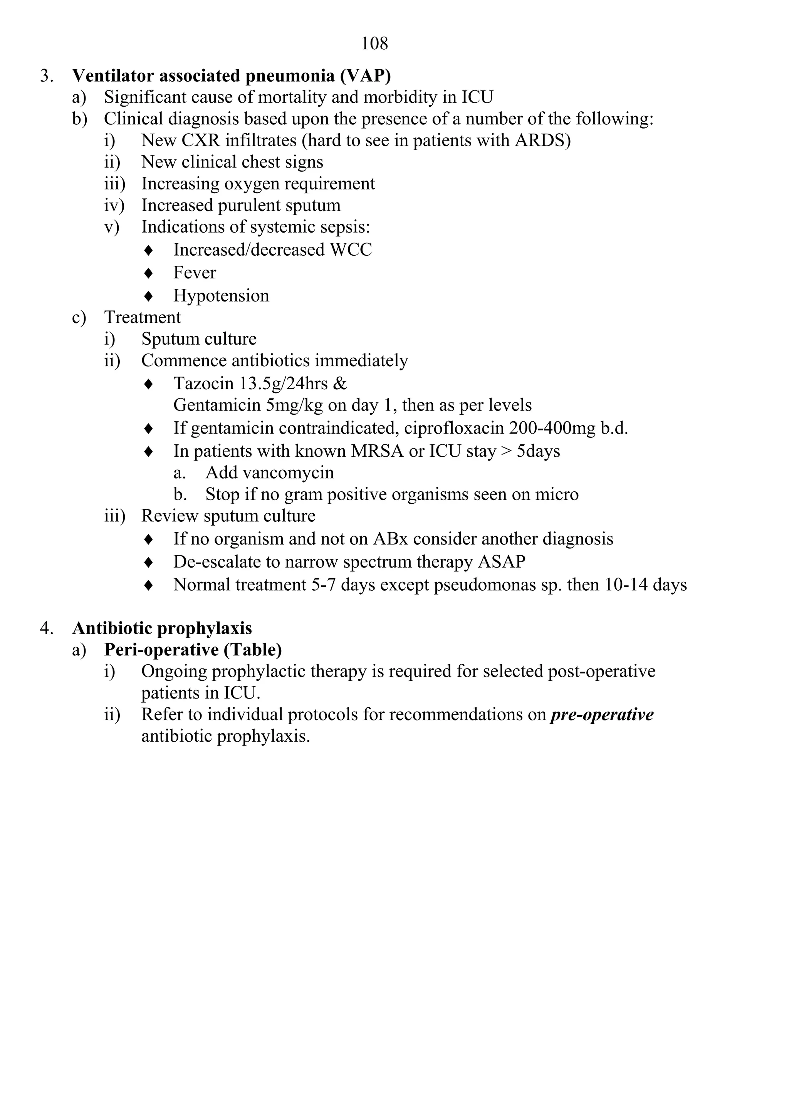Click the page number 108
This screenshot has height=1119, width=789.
[x=374, y=44]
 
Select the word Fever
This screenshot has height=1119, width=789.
[x=195, y=273]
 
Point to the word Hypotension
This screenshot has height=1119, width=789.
[x=221, y=295]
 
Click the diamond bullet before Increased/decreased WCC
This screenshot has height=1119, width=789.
[x=149, y=250]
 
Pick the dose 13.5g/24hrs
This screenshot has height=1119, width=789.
[x=283, y=384]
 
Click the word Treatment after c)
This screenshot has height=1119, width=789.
[x=143, y=317]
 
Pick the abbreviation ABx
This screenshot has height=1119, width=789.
[x=393, y=539]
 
